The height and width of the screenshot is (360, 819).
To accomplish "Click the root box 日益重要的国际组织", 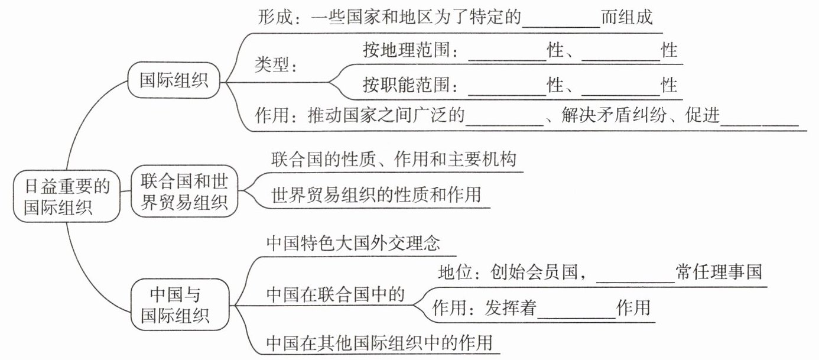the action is (x=67, y=196).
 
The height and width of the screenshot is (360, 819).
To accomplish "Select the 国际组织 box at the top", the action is (x=174, y=80).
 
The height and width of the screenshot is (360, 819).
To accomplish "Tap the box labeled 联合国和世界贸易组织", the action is (x=184, y=192).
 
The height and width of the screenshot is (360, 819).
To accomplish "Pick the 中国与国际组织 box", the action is (x=180, y=305).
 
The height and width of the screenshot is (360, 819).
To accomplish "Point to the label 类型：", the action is (x=276, y=65).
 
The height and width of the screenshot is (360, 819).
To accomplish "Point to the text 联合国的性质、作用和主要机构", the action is (x=394, y=159).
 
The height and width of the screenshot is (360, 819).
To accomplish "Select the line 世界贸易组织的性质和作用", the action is (x=376, y=195).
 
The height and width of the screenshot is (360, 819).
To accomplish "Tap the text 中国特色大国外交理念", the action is (x=353, y=244).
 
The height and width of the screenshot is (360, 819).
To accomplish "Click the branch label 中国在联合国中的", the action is (x=336, y=294).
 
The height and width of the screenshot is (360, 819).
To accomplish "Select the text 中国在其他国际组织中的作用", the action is (x=379, y=343).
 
